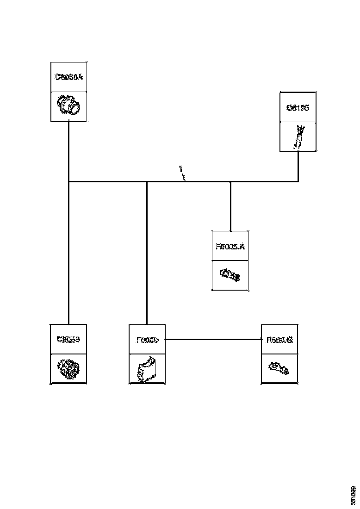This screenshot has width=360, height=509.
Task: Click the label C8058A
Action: [x=68, y=77]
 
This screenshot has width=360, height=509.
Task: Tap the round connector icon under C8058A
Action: [x=69, y=106]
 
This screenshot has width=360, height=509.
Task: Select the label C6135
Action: [x=298, y=108]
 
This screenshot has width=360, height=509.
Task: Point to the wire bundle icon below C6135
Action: [x=298, y=137]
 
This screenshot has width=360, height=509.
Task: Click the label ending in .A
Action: [x=230, y=246]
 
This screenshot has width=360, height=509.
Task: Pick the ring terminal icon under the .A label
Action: [x=230, y=276]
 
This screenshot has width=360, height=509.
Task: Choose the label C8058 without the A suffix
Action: [x=68, y=339]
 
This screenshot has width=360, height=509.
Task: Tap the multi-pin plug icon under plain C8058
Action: [x=68, y=369]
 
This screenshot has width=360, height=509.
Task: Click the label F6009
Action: [x=147, y=340]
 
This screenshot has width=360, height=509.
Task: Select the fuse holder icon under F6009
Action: [x=147, y=369]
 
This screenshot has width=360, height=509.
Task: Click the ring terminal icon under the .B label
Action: [x=279, y=369]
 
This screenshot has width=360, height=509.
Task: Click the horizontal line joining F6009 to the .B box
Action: [x=213, y=340]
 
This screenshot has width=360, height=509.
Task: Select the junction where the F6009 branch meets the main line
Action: [x=147, y=182]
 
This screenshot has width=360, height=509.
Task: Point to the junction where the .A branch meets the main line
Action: [x=230, y=182]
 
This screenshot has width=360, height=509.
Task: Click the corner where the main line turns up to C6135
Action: [x=298, y=182]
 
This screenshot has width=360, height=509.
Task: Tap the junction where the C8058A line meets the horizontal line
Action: [x=68, y=182]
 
